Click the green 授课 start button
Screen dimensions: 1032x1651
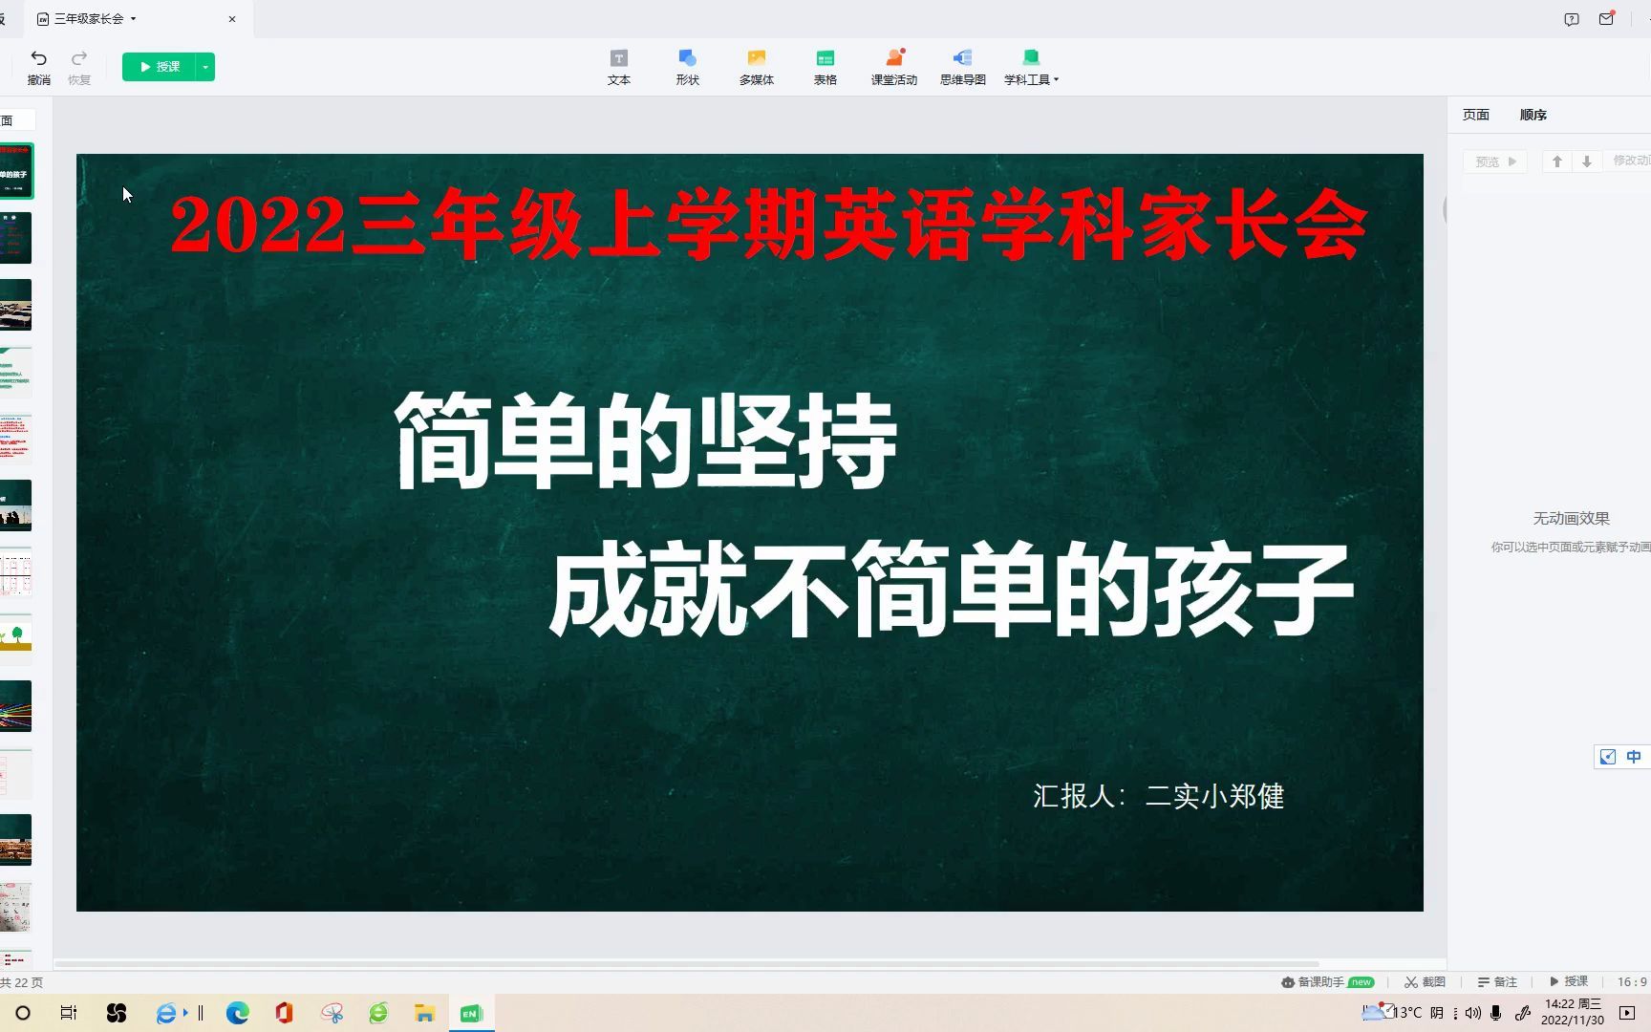coord(160,67)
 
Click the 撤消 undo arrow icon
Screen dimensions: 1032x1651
coord(39,58)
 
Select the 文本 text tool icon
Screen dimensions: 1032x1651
coord(619,58)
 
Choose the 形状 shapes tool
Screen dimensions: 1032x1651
coord(687,58)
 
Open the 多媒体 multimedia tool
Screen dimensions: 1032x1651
coord(756,58)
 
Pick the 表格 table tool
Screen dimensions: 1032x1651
coord(825,58)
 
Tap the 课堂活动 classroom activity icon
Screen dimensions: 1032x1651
coord(893,58)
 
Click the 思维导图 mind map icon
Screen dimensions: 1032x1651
coord(962,58)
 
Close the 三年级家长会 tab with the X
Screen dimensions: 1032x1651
coord(232,19)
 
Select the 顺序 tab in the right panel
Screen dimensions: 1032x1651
coord(1533,115)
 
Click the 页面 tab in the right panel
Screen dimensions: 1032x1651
coord(1475,115)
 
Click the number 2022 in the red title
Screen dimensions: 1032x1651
coord(258,226)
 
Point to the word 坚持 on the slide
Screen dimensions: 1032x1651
coord(798,441)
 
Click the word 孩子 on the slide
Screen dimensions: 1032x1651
coord(1254,590)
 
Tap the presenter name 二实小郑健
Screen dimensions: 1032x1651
coord(1214,796)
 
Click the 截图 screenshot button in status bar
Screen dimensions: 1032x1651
coord(1425,981)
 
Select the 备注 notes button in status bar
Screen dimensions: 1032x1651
coord(1497,981)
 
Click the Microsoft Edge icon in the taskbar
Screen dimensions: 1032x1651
coord(237,1013)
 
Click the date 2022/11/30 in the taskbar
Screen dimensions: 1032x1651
coord(1572,1021)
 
